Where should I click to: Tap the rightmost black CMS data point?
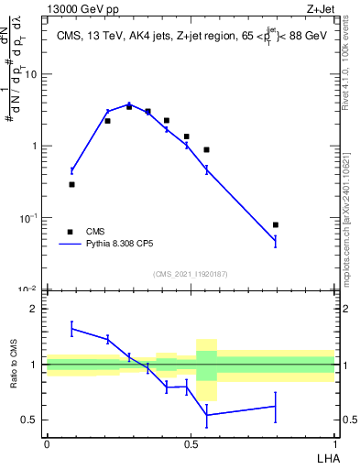point(276,224)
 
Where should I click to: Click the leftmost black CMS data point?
point(71,184)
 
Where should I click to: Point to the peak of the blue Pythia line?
point(129,104)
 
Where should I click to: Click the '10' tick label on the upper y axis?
point(31,74)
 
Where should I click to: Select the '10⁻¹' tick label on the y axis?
point(28,218)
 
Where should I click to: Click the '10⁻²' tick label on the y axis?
point(28,289)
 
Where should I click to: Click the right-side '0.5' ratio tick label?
point(350,420)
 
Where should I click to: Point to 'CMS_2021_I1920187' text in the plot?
point(190,274)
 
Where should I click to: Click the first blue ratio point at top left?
point(71,329)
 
